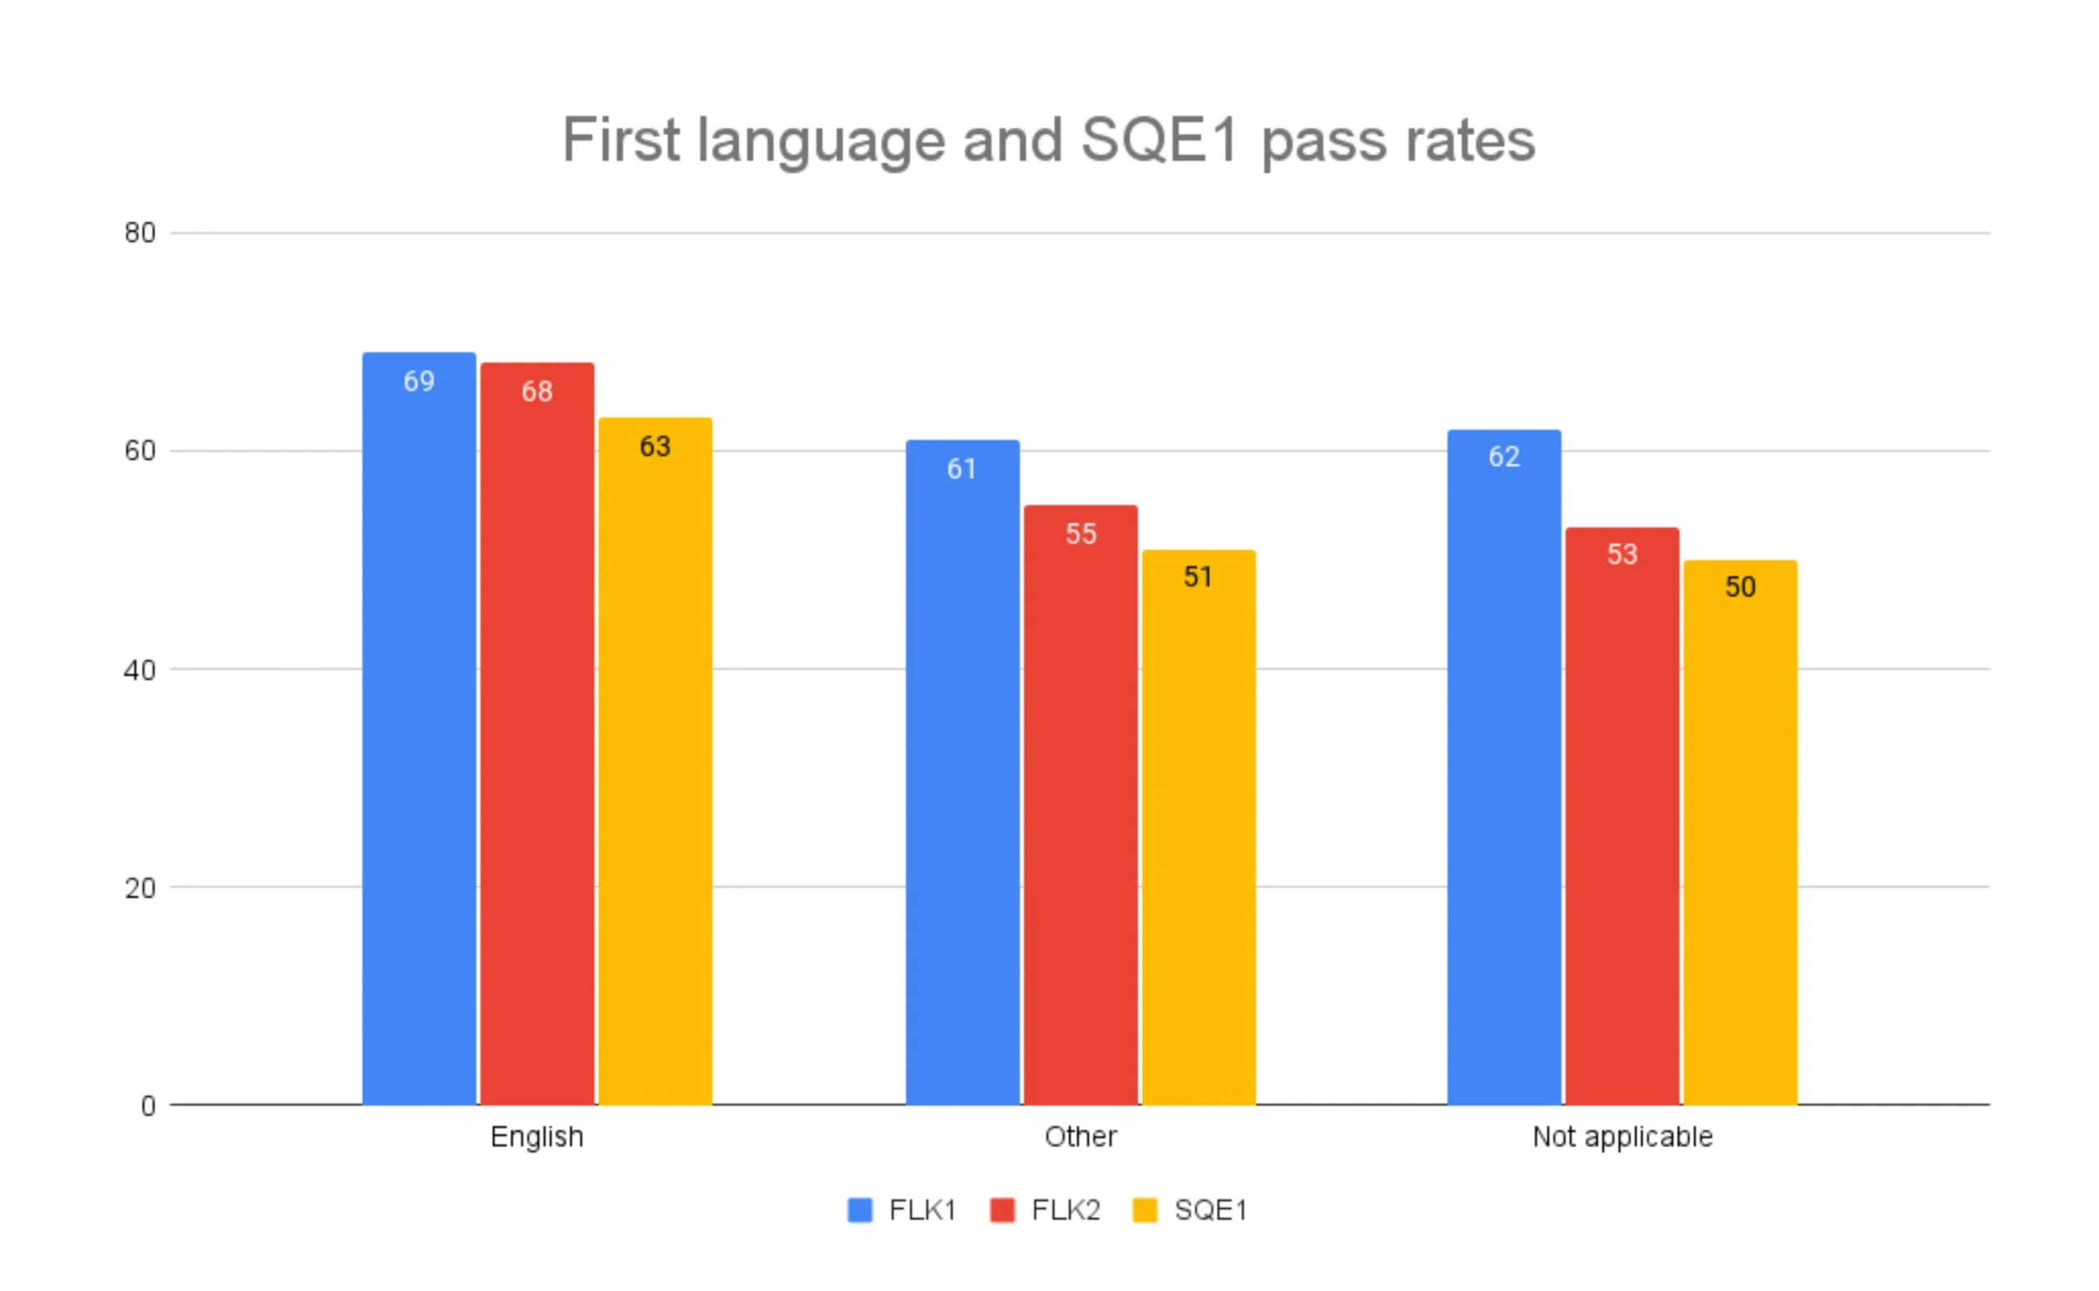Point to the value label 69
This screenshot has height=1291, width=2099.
[x=419, y=381]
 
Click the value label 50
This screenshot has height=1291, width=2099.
[x=1741, y=586]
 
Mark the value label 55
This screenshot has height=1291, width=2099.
[x=1080, y=534]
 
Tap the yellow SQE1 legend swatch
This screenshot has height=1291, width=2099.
[x=1145, y=1210]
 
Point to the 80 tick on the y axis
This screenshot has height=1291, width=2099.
[x=140, y=232]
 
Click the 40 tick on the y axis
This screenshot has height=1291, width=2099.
[x=140, y=669]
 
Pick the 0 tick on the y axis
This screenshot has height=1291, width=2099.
[x=148, y=1106]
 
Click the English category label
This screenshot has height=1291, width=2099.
[x=537, y=1137]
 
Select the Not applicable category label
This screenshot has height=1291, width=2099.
[x=1622, y=1137]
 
